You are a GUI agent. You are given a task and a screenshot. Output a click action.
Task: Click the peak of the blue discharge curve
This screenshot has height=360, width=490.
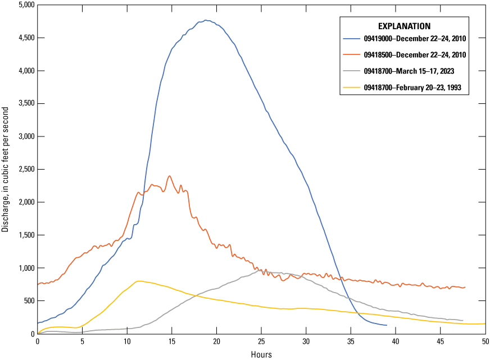tap(206, 20)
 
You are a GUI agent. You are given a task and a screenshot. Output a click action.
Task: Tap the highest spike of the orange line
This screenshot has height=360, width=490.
tap(169, 176)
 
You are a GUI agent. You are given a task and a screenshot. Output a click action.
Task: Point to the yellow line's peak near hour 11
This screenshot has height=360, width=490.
tap(138, 281)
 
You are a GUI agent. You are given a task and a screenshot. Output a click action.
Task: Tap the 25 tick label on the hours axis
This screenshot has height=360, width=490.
tap(261, 341)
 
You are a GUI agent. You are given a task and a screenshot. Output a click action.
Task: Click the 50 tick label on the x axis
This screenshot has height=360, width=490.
tap(484, 341)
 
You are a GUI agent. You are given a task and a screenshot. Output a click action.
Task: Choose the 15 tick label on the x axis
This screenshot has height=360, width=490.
tap(171, 341)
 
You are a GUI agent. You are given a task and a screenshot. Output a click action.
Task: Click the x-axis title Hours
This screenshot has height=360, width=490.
tap(261, 354)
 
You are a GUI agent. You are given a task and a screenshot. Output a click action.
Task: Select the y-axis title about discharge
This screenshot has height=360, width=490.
tap(6, 168)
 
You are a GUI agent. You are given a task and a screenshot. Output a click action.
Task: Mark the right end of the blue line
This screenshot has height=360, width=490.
tap(387, 325)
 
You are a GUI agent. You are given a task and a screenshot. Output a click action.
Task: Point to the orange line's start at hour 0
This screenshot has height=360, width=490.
tap(38, 285)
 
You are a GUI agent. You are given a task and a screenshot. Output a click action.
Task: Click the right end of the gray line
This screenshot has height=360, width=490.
tap(462, 320)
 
